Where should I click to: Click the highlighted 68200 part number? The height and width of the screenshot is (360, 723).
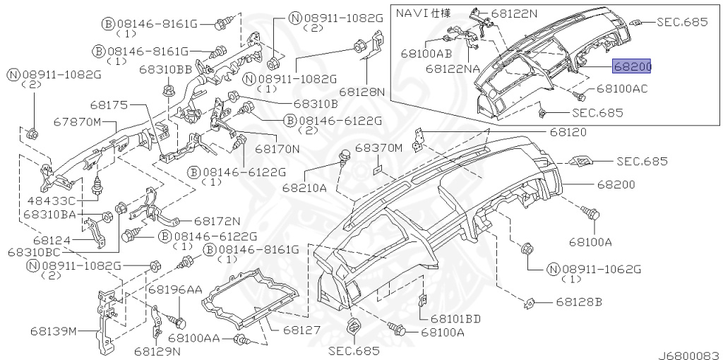point(631,67)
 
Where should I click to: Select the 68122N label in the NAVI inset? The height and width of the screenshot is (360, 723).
point(514,13)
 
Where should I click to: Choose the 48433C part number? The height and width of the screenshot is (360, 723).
point(50,201)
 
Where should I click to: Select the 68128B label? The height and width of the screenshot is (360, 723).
point(579,302)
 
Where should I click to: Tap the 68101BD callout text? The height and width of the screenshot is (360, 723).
point(455,318)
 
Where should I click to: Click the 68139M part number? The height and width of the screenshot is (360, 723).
point(55,331)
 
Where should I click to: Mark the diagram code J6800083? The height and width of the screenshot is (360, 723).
point(689,355)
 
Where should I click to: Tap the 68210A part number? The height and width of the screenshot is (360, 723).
point(305,188)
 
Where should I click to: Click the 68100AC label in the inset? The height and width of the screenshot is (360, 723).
point(622,88)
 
